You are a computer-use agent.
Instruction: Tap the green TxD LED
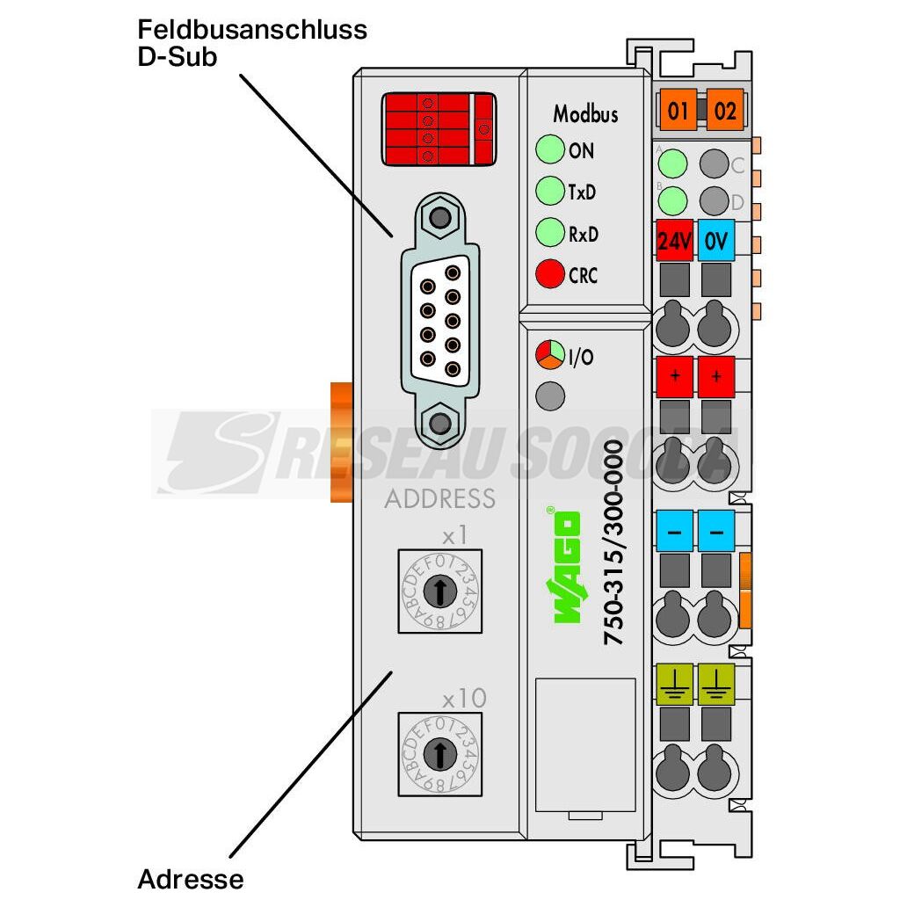point(549,190)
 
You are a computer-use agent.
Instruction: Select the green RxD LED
point(549,233)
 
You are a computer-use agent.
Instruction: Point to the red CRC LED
point(549,274)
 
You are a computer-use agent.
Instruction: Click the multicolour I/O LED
point(549,356)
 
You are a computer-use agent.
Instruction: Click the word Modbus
point(584,113)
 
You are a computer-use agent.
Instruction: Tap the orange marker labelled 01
point(678,111)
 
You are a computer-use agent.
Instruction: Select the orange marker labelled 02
point(725,111)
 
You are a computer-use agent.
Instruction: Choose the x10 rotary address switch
point(440,752)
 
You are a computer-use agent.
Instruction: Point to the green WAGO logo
point(567,567)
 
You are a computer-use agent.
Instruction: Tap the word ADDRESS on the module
point(439,499)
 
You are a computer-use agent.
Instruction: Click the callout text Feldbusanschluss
point(252,30)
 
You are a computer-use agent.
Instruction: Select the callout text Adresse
point(191,878)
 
